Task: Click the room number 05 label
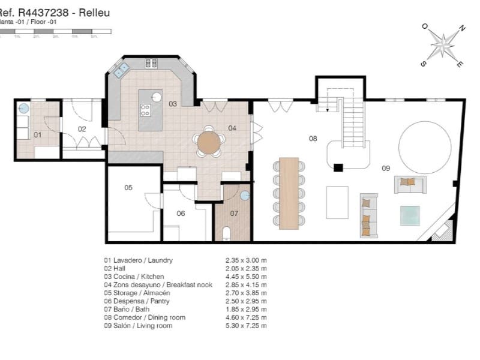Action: click(128, 188)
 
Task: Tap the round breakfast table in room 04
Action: click(209, 143)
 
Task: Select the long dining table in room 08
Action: click(289, 193)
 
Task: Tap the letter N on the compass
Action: click(462, 28)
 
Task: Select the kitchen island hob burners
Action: click(145, 110)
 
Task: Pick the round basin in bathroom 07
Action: click(244, 195)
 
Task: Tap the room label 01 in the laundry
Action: click(37, 135)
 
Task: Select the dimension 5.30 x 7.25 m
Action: click(242, 325)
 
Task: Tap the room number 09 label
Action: click(386, 169)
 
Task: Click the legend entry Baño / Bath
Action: click(128, 309)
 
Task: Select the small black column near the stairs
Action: click(338, 168)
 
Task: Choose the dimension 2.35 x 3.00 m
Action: click(242, 260)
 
